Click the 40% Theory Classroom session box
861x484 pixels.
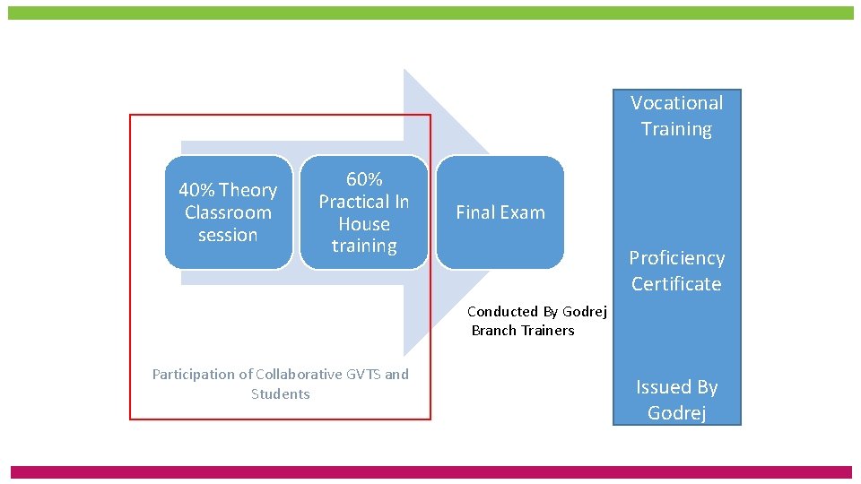click(x=228, y=212)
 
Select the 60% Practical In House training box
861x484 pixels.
click(x=364, y=212)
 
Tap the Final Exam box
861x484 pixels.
click(x=500, y=212)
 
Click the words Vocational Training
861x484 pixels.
click(x=676, y=116)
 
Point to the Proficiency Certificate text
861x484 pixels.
click(x=676, y=271)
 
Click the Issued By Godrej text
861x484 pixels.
click(x=676, y=400)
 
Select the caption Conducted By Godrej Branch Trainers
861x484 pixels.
click(x=536, y=321)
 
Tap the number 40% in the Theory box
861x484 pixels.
click(x=196, y=190)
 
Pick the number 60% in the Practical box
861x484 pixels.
click(x=364, y=179)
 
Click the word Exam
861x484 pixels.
click(x=523, y=212)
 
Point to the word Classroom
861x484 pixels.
click(x=228, y=212)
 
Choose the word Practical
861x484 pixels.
click(x=354, y=202)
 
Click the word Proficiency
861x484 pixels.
click(x=676, y=258)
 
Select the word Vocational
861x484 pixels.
click(x=676, y=103)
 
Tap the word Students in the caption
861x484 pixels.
click(x=280, y=394)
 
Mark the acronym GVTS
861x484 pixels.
click(x=363, y=375)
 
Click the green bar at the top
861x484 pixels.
click(x=430, y=13)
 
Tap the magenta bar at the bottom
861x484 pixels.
click(x=430, y=471)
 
